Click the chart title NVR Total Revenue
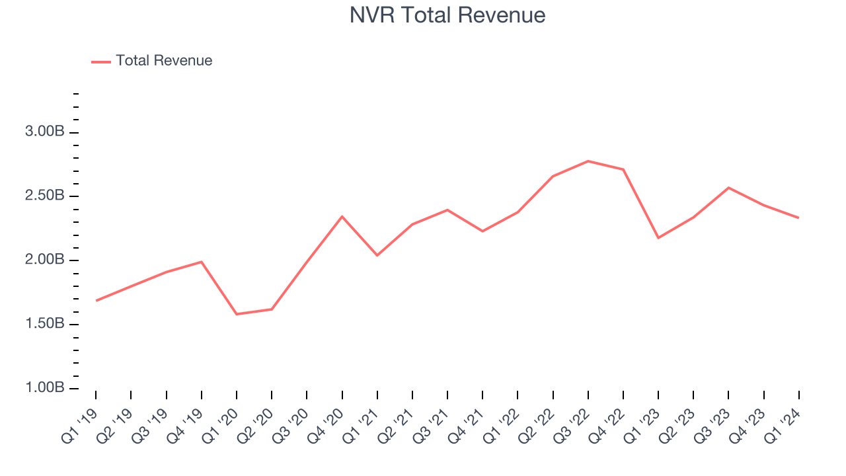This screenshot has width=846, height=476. tap(447, 15)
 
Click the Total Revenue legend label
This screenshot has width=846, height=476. tap(164, 61)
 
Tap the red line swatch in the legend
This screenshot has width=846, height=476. tap(101, 61)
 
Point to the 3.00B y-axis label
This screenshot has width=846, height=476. tap(44, 132)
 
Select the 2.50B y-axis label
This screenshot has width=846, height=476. tap(44, 196)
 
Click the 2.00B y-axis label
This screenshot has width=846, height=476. tap(44, 260)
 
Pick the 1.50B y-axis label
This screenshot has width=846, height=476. tap(44, 324)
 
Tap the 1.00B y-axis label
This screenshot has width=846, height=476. tap(44, 388)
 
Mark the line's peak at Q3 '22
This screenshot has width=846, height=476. tap(588, 161)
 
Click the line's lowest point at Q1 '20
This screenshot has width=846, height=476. tap(237, 314)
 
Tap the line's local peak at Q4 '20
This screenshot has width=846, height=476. tap(342, 216)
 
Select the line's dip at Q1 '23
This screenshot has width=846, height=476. tap(658, 238)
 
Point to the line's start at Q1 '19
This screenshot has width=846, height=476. tap(96, 301)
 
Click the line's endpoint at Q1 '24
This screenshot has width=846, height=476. tap(798, 218)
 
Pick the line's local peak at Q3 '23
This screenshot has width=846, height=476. tap(728, 188)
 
